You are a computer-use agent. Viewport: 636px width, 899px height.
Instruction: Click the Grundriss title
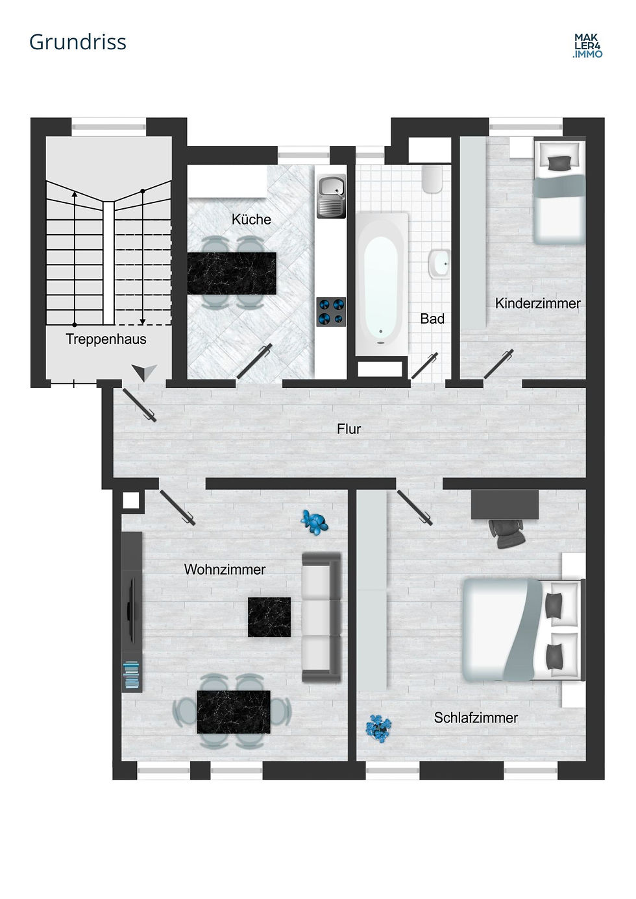coord(78,42)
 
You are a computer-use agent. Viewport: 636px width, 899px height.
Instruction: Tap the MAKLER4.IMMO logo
coord(587,46)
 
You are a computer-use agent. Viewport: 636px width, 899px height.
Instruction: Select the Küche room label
coord(251,219)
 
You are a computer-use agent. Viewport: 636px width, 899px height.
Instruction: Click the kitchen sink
coord(331,197)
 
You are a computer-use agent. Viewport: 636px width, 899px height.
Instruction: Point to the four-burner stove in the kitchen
coord(331,311)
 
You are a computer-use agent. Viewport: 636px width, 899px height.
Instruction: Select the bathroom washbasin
coord(439,264)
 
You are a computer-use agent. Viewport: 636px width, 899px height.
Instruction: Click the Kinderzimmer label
coord(537,304)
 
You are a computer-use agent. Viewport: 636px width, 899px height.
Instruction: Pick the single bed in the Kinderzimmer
coord(559,191)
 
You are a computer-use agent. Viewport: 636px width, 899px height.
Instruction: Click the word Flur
coord(349,429)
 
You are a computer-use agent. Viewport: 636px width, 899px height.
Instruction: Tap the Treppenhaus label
coord(106,339)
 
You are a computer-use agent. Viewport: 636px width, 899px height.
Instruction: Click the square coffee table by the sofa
coord(269,617)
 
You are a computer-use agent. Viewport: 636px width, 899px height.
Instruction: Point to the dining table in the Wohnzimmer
coord(233,712)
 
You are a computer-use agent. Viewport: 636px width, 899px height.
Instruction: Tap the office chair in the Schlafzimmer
coord(507,534)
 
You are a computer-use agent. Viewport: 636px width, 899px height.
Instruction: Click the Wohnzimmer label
coord(225,569)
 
